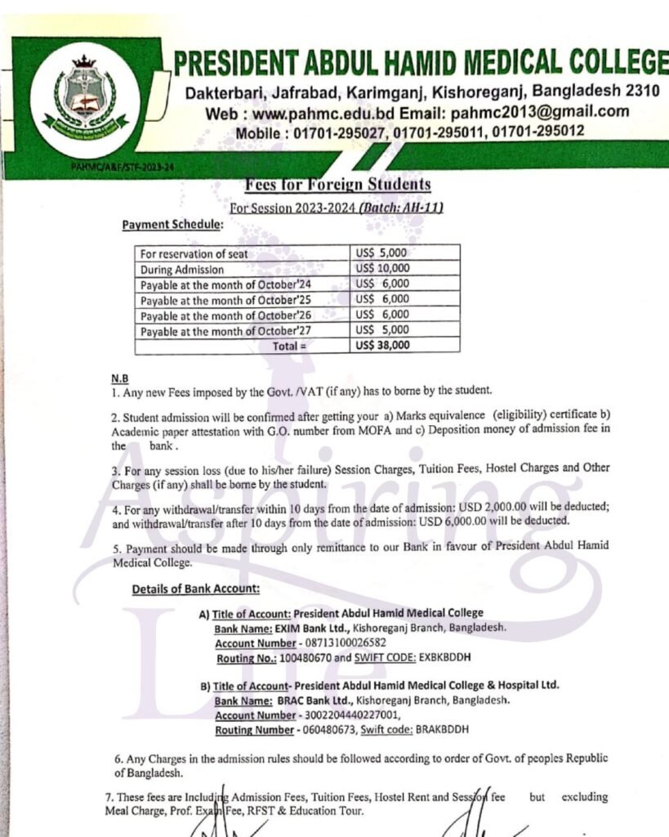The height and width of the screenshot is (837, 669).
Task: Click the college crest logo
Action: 85,101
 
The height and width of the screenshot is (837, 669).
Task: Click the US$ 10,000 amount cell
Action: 383,268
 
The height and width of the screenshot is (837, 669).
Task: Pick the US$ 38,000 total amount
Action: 383,345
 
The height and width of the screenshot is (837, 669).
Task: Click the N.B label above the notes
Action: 119,379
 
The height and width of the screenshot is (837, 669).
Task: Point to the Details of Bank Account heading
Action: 196,589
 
